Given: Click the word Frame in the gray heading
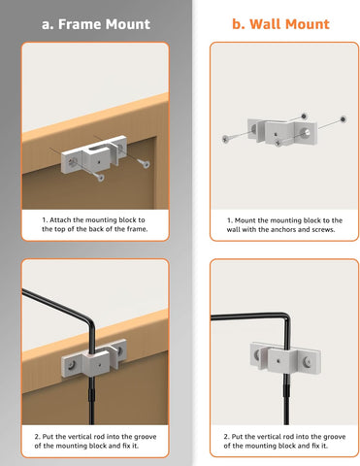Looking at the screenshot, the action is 80,24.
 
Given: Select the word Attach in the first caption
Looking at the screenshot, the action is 60,220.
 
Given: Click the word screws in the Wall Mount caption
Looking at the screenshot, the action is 323,229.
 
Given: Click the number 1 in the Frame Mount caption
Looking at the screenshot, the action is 45,220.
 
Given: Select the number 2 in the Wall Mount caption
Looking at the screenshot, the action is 226,437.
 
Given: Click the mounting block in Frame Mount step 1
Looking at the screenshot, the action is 94,154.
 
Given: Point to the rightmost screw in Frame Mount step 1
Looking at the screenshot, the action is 143,163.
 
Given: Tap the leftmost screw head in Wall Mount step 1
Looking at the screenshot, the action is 225,139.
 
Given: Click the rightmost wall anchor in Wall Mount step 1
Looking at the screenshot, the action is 344,119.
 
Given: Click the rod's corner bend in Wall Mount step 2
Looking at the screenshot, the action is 286,316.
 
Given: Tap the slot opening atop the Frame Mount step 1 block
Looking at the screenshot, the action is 99,149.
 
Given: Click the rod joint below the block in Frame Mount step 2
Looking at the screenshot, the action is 91,394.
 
